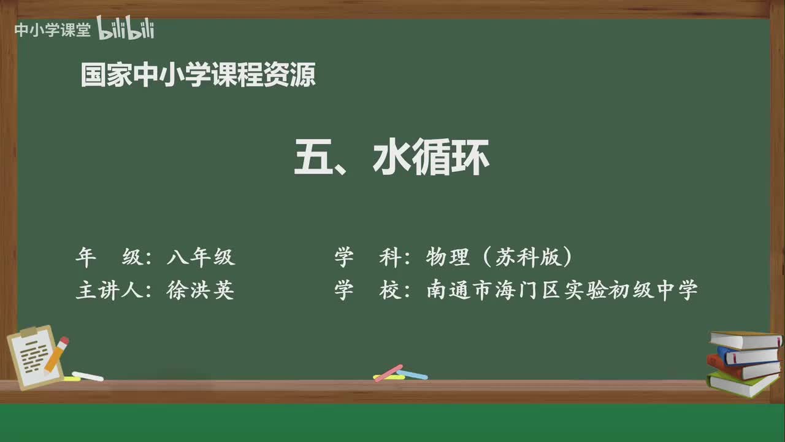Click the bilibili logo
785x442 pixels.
(x=126, y=29)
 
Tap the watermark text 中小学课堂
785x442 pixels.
(x=52, y=30)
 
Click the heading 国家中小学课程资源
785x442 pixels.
(x=198, y=75)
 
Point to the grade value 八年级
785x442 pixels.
(x=201, y=257)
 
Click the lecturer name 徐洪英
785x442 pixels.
(x=201, y=290)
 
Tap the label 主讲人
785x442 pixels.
(x=109, y=290)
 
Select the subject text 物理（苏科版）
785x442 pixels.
(x=500, y=257)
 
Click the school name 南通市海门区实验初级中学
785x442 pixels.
(x=562, y=290)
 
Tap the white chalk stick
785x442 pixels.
(x=88, y=376)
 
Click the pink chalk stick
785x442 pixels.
(x=388, y=373)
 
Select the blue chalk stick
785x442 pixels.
(x=413, y=374)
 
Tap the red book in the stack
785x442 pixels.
(x=742, y=368)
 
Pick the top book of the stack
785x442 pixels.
(x=745, y=339)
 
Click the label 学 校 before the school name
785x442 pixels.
(x=367, y=290)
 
